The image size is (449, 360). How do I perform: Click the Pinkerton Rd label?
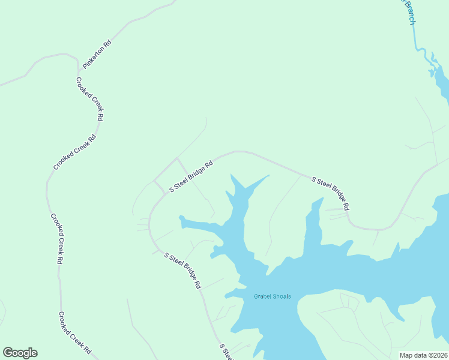(x=97, y=53)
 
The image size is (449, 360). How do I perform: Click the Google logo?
(x=20, y=353)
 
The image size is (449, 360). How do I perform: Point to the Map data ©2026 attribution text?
(x=423, y=355)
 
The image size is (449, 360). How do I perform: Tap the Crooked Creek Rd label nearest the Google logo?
(x=74, y=332)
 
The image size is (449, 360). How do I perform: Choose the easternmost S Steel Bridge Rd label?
(x=330, y=193)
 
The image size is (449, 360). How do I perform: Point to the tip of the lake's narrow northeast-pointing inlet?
(x=268, y=176)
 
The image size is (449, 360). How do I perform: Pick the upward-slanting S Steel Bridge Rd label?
(x=191, y=176)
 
